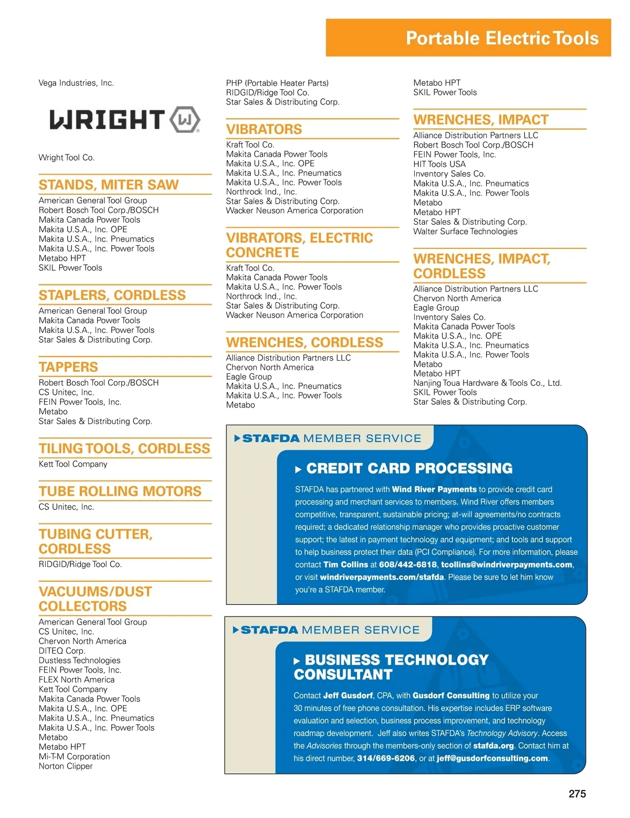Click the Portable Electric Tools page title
click(502, 38)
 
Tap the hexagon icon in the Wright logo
click(185, 120)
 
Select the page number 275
click(577, 794)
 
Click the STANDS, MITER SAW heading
click(109, 185)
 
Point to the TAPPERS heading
click(68, 367)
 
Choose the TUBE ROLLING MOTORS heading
click(120, 491)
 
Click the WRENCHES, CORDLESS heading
click(304, 342)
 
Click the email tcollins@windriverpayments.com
click(506, 564)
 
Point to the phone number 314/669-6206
click(386, 758)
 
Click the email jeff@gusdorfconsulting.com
click(492, 758)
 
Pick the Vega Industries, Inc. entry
click(76, 83)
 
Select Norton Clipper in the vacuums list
click(66, 766)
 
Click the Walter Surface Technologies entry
click(465, 232)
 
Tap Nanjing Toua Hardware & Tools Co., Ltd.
click(487, 383)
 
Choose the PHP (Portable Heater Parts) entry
click(277, 83)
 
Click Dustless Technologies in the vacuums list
click(79, 660)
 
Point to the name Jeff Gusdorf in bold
click(348, 696)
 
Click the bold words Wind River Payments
click(434, 489)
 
